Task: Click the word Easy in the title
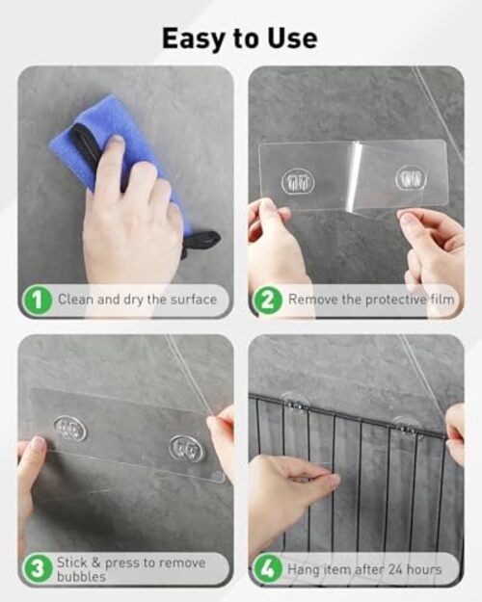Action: pyautogui.click(x=194, y=39)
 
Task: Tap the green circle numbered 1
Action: pyautogui.click(x=38, y=301)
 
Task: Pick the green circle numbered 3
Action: pyautogui.click(x=38, y=569)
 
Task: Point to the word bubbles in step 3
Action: pyautogui.click(x=81, y=577)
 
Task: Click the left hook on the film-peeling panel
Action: pyautogui.click(x=298, y=182)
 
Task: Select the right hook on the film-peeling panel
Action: pyautogui.click(x=411, y=178)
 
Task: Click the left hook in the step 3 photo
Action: pyautogui.click(x=70, y=428)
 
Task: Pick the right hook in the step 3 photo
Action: pyautogui.click(x=187, y=448)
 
